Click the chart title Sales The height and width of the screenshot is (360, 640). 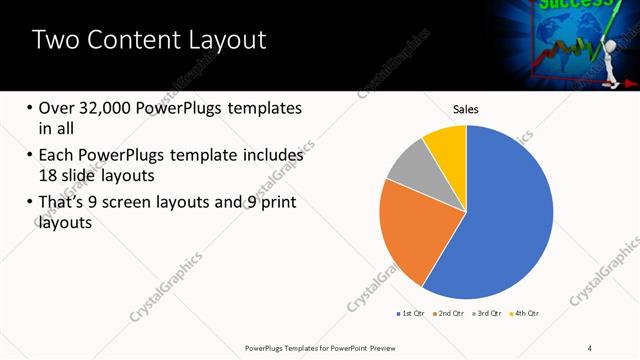466,108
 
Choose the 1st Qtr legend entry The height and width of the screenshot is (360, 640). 409,314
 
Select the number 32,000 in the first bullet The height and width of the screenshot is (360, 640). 109,108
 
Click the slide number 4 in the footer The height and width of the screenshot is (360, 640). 590,346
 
